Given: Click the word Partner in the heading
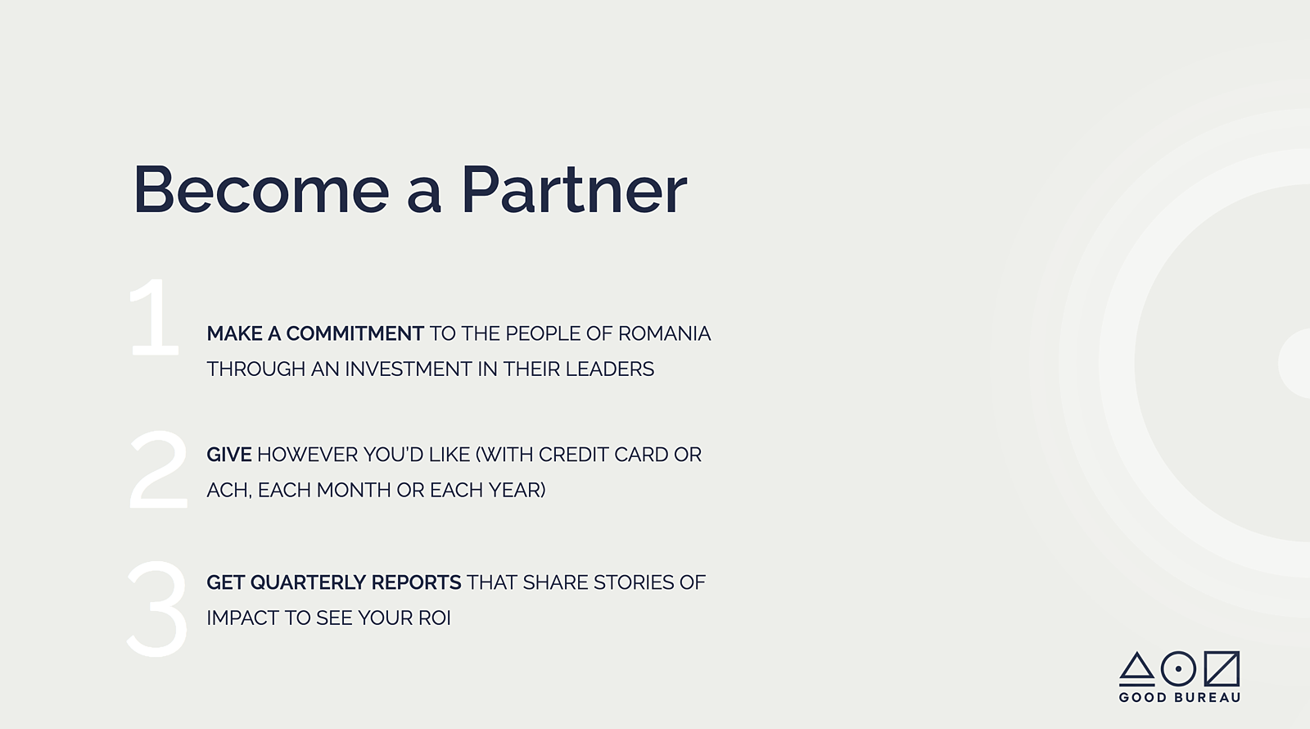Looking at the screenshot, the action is coord(574,189).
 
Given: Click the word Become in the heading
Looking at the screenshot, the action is coord(261,189).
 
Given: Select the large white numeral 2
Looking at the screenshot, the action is coord(158,470).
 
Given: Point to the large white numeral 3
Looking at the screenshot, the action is coord(156,609).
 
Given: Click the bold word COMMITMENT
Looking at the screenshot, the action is coord(355,333).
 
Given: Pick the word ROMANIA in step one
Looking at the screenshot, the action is coord(664,333).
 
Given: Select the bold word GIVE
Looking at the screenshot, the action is coord(229,455).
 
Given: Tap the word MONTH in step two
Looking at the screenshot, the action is coord(354,491).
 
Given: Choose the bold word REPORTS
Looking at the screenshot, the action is coord(417,582).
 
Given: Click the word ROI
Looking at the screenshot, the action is coord(435,618).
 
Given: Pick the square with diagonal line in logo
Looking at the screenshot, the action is coord(1222,668).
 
